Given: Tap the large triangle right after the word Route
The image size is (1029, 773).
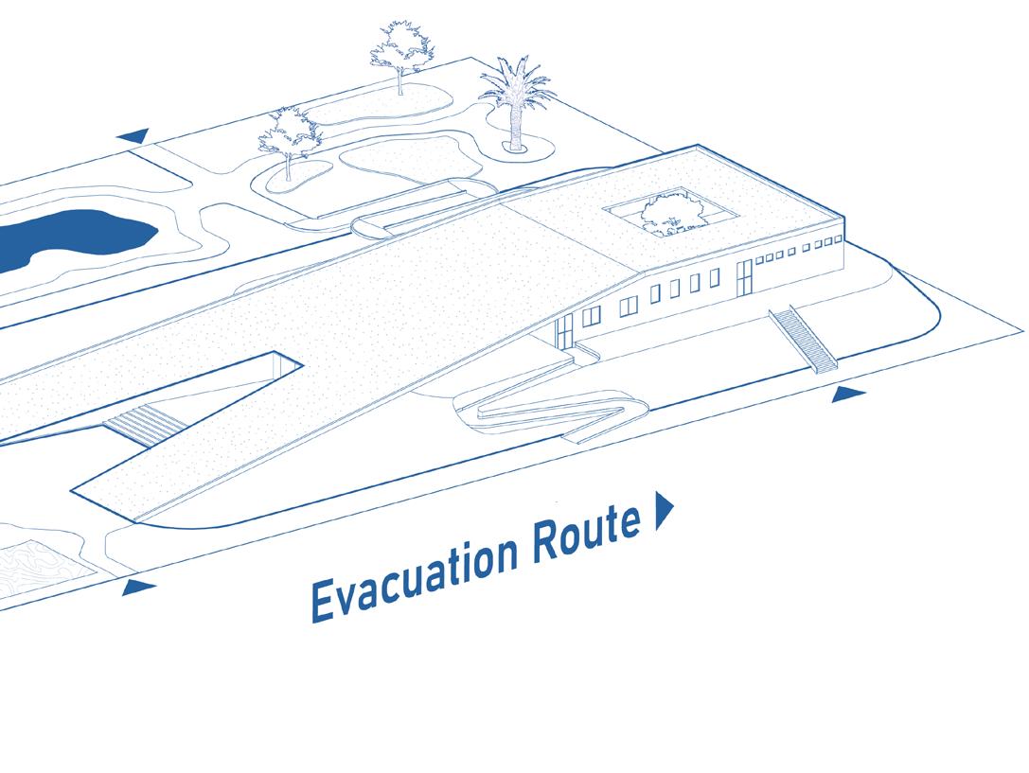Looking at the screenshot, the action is click(x=663, y=511).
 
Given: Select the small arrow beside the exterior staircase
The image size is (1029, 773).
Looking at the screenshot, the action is click(x=848, y=395).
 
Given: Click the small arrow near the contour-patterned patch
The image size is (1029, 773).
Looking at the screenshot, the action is click(x=138, y=589).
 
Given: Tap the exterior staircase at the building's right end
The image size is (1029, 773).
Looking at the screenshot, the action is click(x=804, y=339).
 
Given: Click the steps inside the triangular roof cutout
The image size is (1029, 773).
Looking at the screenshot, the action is click(x=138, y=423).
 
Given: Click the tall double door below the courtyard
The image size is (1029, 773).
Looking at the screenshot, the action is click(x=744, y=275).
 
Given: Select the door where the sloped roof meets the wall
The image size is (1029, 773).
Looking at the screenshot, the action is click(x=564, y=331).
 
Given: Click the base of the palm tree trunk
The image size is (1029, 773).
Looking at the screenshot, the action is click(x=516, y=146).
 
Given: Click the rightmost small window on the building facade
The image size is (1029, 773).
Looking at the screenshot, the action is click(x=834, y=243).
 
